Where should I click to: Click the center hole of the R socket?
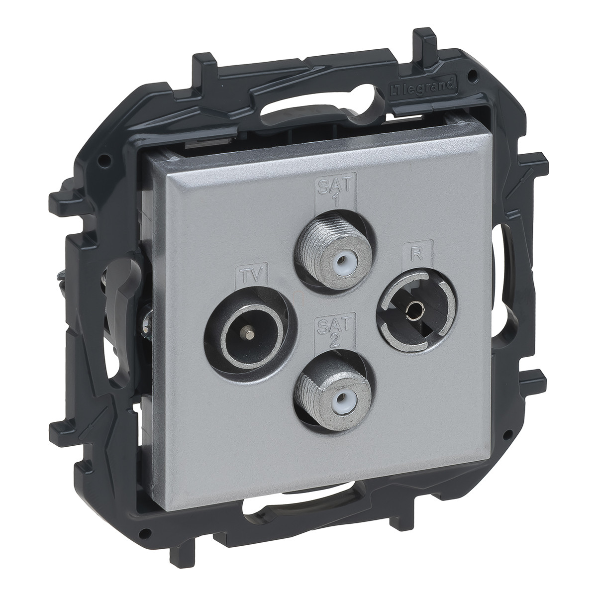(414, 308)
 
